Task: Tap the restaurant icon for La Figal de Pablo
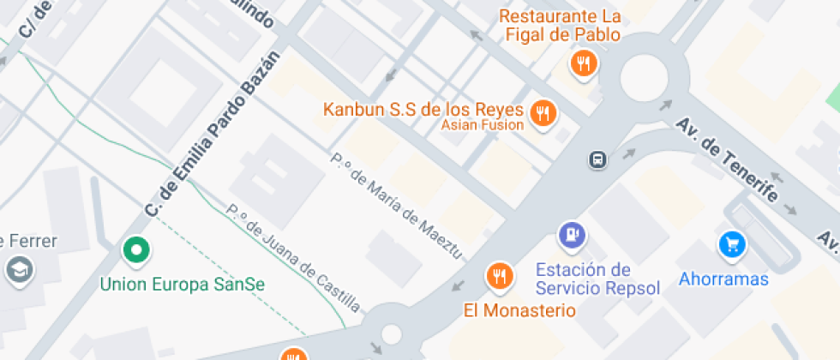(583, 63)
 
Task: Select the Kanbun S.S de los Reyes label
(423, 110)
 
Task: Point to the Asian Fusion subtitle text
(483, 125)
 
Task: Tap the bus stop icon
(597, 159)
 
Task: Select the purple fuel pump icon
(572, 232)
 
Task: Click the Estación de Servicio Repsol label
(597, 279)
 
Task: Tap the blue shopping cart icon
(733, 245)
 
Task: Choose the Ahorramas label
(723, 279)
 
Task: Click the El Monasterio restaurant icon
(499, 275)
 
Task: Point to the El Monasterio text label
(520, 309)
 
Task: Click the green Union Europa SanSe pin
(135, 250)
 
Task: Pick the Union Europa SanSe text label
(183, 284)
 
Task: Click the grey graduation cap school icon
(16, 270)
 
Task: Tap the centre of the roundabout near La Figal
(644, 79)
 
